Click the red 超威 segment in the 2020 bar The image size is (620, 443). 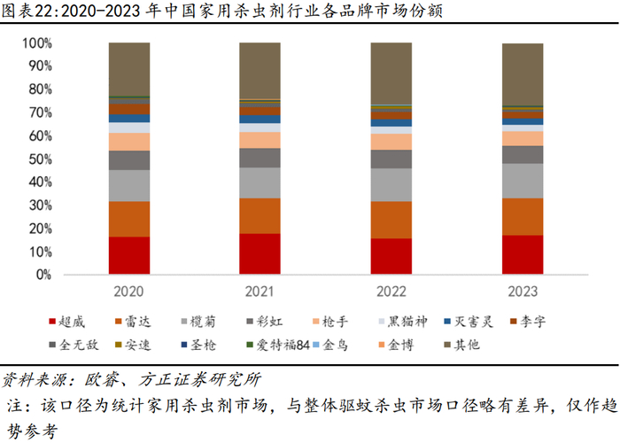[129, 255]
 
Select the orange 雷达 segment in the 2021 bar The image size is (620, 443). [260, 215]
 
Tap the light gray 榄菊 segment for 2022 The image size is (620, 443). [391, 184]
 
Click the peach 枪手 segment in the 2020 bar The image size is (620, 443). [129, 142]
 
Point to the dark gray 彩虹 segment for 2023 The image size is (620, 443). [522, 154]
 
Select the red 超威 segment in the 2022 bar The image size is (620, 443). [391, 256]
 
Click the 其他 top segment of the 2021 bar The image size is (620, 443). [260, 71]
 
